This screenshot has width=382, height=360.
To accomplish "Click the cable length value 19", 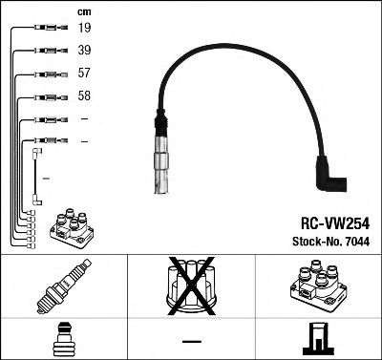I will [83, 30].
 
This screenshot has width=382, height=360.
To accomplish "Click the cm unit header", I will [83, 11].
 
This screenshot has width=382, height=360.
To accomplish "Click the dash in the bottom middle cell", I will [190, 341].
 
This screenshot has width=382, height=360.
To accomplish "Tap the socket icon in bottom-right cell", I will [318, 339].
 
